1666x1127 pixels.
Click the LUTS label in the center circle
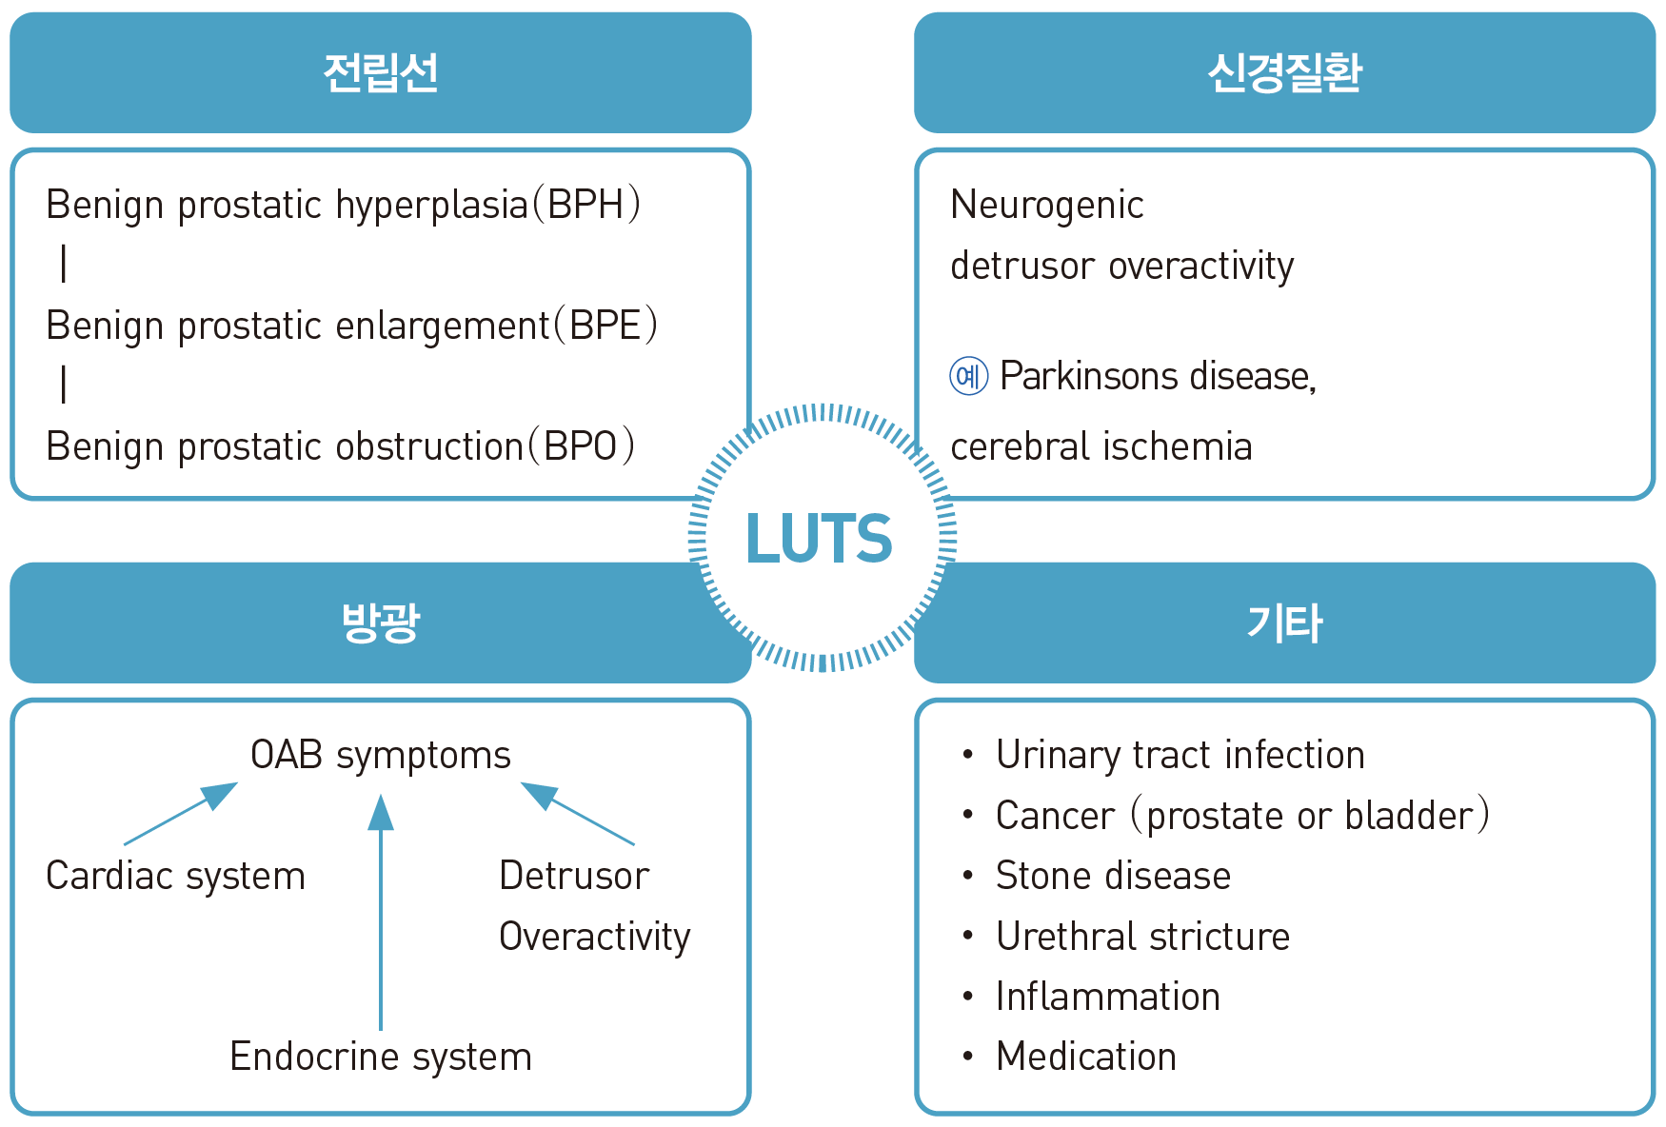point(819,539)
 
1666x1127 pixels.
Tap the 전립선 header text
point(381,73)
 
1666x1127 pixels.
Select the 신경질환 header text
point(1284,73)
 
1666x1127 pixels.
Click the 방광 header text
point(381,623)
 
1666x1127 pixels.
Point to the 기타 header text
point(1284,623)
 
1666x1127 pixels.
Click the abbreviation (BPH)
point(586,205)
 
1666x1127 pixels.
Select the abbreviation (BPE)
point(606,326)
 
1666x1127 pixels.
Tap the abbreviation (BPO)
point(582,446)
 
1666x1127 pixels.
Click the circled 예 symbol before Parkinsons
point(969,376)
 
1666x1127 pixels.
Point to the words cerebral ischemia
point(1101,446)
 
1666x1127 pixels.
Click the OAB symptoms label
point(381,755)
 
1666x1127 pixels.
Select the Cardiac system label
point(176,876)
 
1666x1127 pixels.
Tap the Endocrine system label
point(381,1057)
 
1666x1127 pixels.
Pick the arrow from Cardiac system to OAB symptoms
point(181,814)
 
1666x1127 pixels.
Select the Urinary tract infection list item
point(1180,755)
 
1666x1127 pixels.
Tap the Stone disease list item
point(1113,876)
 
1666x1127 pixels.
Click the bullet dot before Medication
point(968,1057)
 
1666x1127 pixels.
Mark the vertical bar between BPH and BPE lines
point(64,264)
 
